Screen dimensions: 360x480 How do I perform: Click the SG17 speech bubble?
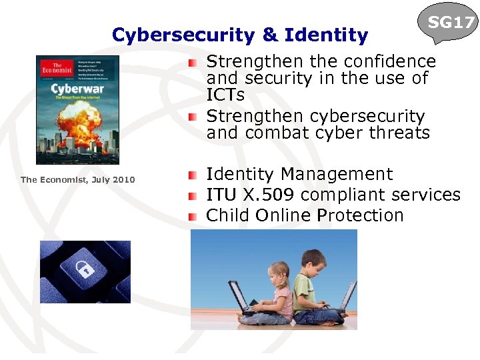[x=451, y=24]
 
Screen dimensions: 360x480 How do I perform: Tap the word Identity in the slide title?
[x=326, y=35]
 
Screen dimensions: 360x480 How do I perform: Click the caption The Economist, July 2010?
[x=77, y=179]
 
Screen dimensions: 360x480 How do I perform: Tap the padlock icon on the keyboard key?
[x=84, y=270]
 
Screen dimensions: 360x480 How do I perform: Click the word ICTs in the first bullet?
[x=225, y=95]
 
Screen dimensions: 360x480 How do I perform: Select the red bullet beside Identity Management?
[x=193, y=175]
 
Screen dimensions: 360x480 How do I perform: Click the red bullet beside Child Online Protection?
[x=193, y=217]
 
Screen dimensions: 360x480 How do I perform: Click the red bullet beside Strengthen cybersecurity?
[x=193, y=117]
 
